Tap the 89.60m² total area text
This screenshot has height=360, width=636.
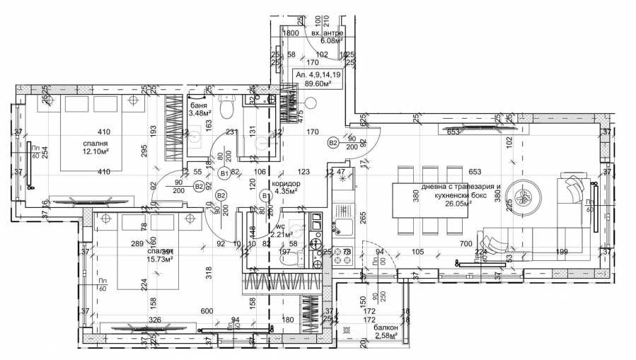click(x=318, y=82)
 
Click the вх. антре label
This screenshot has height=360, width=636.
click(x=327, y=33)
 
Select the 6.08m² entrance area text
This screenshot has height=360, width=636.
click(x=327, y=42)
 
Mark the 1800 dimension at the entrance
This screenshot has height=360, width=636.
click(x=289, y=33)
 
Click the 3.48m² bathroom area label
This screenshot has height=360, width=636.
click(x=202, y=113)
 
